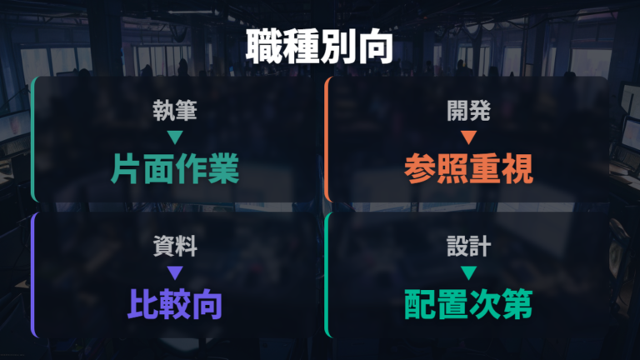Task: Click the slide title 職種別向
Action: (x=320, y=47)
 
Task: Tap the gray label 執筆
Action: (x=175, y=111)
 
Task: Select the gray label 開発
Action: (x=468, y=111)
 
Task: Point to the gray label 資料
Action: (x=175, y=246)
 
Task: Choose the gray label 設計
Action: (x=468, y=246)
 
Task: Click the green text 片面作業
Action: (x=175, y=168)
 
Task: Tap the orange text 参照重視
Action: (x=468, y=168)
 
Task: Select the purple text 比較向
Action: (x=175, y=304)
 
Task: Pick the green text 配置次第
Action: (x=468, y=304)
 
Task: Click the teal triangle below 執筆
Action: (x=175, y=137)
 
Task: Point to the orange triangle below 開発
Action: (x=468, y=137)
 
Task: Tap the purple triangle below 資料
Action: (x=175, y=272)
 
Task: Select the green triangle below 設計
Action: (x=468, y=272)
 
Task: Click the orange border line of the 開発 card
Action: (x=326, y=139)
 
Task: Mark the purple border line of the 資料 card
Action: (x=32, y=274)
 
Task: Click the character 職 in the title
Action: (x=264, y=47)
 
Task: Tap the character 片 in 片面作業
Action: (x=127, y=168)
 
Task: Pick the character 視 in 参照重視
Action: (x=517, y=168)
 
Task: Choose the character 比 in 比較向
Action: (x=143, y=304)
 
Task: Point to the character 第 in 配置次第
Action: (x=517, y=304)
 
